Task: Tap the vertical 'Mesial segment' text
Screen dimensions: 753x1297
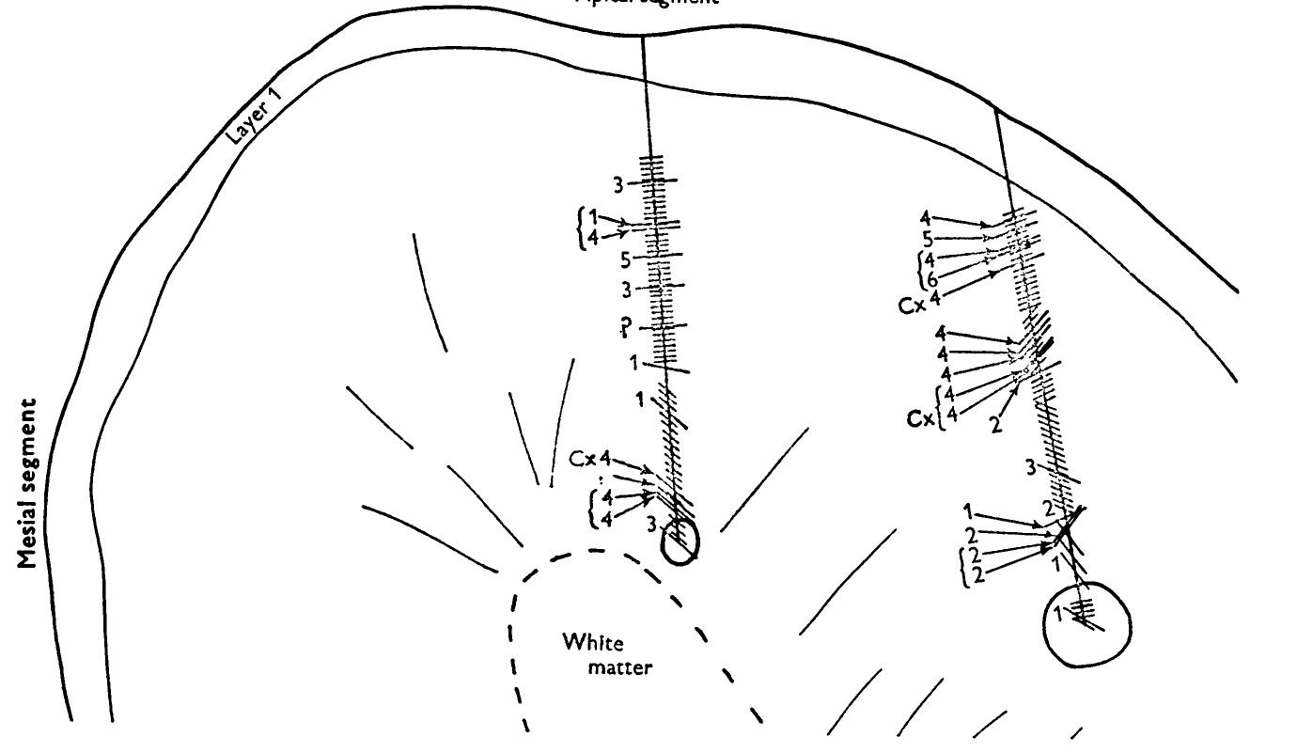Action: pyautogui.click(x=29, y=483)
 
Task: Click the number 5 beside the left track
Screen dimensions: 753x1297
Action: pyautogui.click(x=626, y=259)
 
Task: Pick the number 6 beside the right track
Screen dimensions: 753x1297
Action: pyautogui.click(x=931, y=279)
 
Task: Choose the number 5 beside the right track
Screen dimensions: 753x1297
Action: pyautogui.click(x=927, y=239)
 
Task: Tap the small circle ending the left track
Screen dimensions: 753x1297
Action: pyautogui.click(x=680, y=542)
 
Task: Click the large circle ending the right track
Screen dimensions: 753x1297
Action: pyautogui.click(x=1087, y=624)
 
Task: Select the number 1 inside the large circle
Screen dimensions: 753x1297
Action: pyautogui.click(x=1057, y=614)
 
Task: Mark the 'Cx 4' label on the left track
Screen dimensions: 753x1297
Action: pyautogui.click(x=592, y=459)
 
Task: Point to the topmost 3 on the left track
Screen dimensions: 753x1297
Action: pyautogui.click(x=618, y=185)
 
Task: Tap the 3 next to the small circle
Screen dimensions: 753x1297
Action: pyautogui.click(x=649, y=526)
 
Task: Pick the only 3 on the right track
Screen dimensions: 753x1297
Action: pyautogui.click(x=1030, y=466)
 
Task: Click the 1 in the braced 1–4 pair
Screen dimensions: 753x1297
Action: pyautogui.click(x=593, y=219)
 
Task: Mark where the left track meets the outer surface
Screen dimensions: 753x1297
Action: pyautogui.click(x=643, y=37)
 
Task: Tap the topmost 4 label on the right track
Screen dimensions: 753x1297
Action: pyautogui.click(x=925, y=219)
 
